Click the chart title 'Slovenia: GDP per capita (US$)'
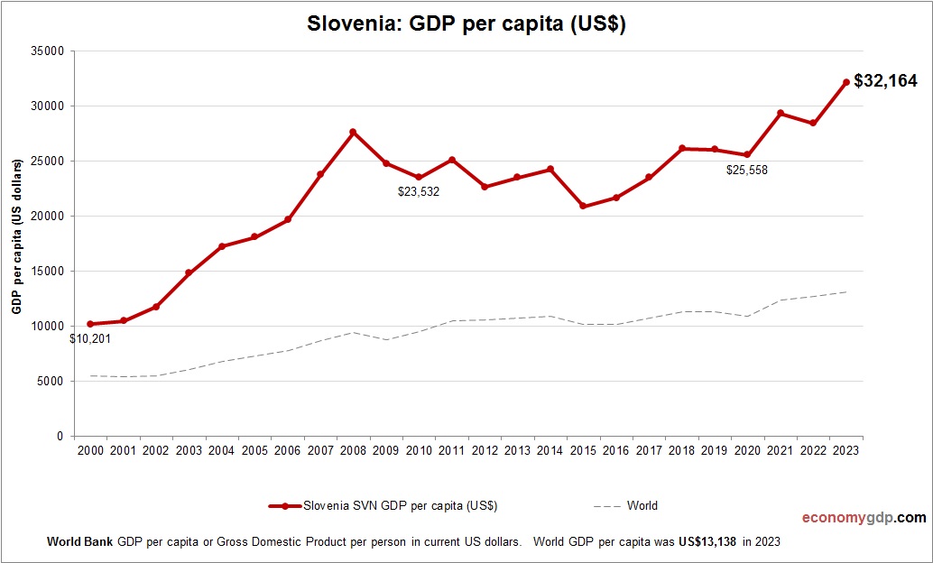tap(466, 24)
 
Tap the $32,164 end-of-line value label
tap(885, 82)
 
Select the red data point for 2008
tap(353, 133)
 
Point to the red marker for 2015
tap(583, 206)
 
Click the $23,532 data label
tap(418, 191)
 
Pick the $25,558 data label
tap(746, 170)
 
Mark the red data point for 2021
tap(781, 114)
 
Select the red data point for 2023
tap(846, 82)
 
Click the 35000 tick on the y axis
tap(46, 51)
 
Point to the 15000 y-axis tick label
tap(46, 272)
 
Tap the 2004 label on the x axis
tap(222, 451)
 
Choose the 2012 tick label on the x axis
tap(485, 451)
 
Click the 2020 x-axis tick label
tap(748, 451)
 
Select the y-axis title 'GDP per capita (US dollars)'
tap(16, 236)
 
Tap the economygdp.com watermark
tap(864, 518)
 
